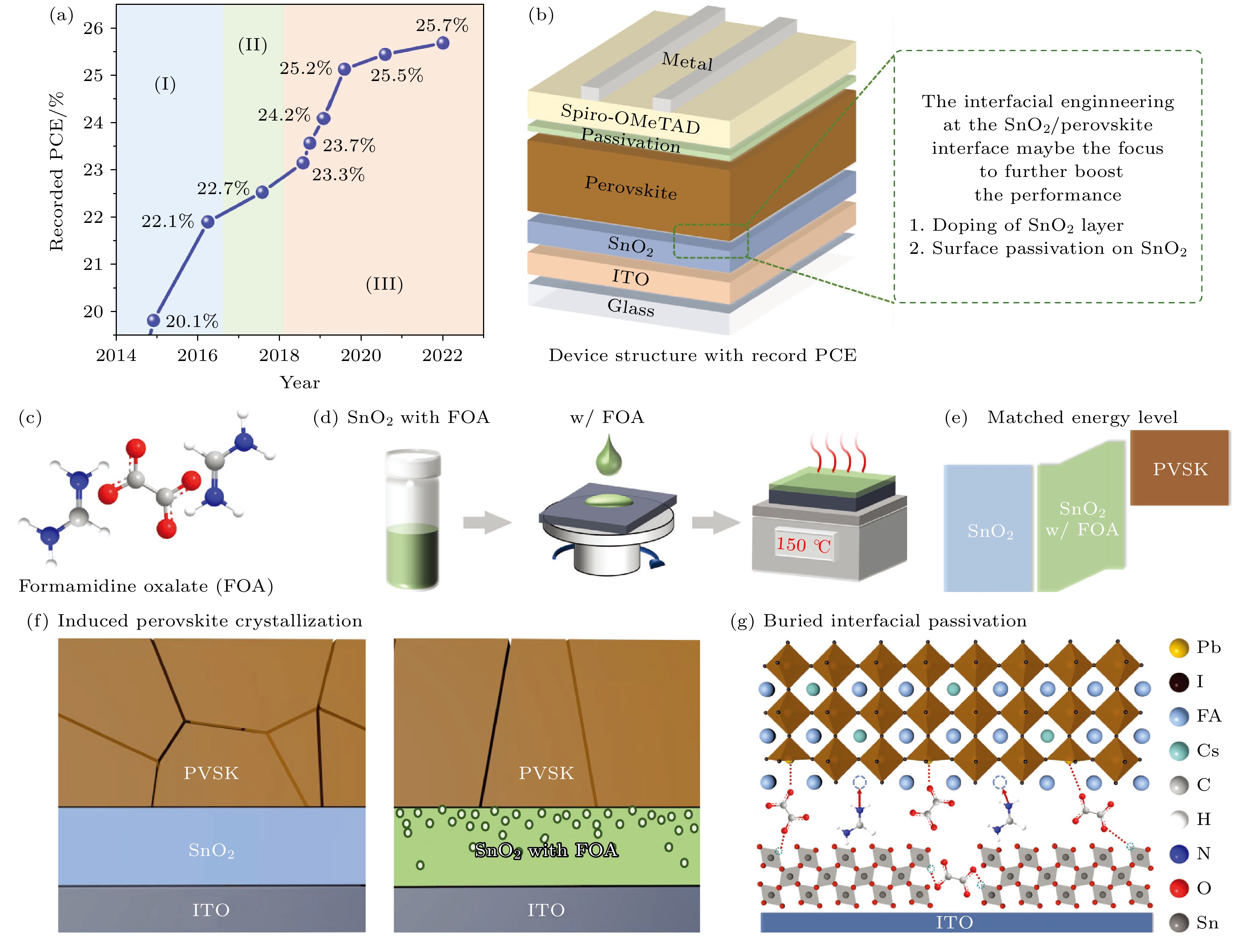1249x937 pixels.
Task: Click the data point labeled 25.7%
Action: (443, 43)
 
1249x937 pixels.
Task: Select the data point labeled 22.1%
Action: (208, 221)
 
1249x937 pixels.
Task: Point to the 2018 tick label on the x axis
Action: (279, 355)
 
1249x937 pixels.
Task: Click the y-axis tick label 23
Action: (93, 170)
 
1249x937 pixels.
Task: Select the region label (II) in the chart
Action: (252, 45)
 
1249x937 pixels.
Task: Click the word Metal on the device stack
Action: (687, 61)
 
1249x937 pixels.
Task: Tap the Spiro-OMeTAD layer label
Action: (630, 119)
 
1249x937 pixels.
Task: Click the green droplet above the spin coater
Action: (609, 455)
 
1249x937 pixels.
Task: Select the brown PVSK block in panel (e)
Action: (1180, 468)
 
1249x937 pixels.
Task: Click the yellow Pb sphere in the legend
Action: (1179, 648)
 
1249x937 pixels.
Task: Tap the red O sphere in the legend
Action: (1179, 888)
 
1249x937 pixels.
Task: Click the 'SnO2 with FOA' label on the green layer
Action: (546, 850)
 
